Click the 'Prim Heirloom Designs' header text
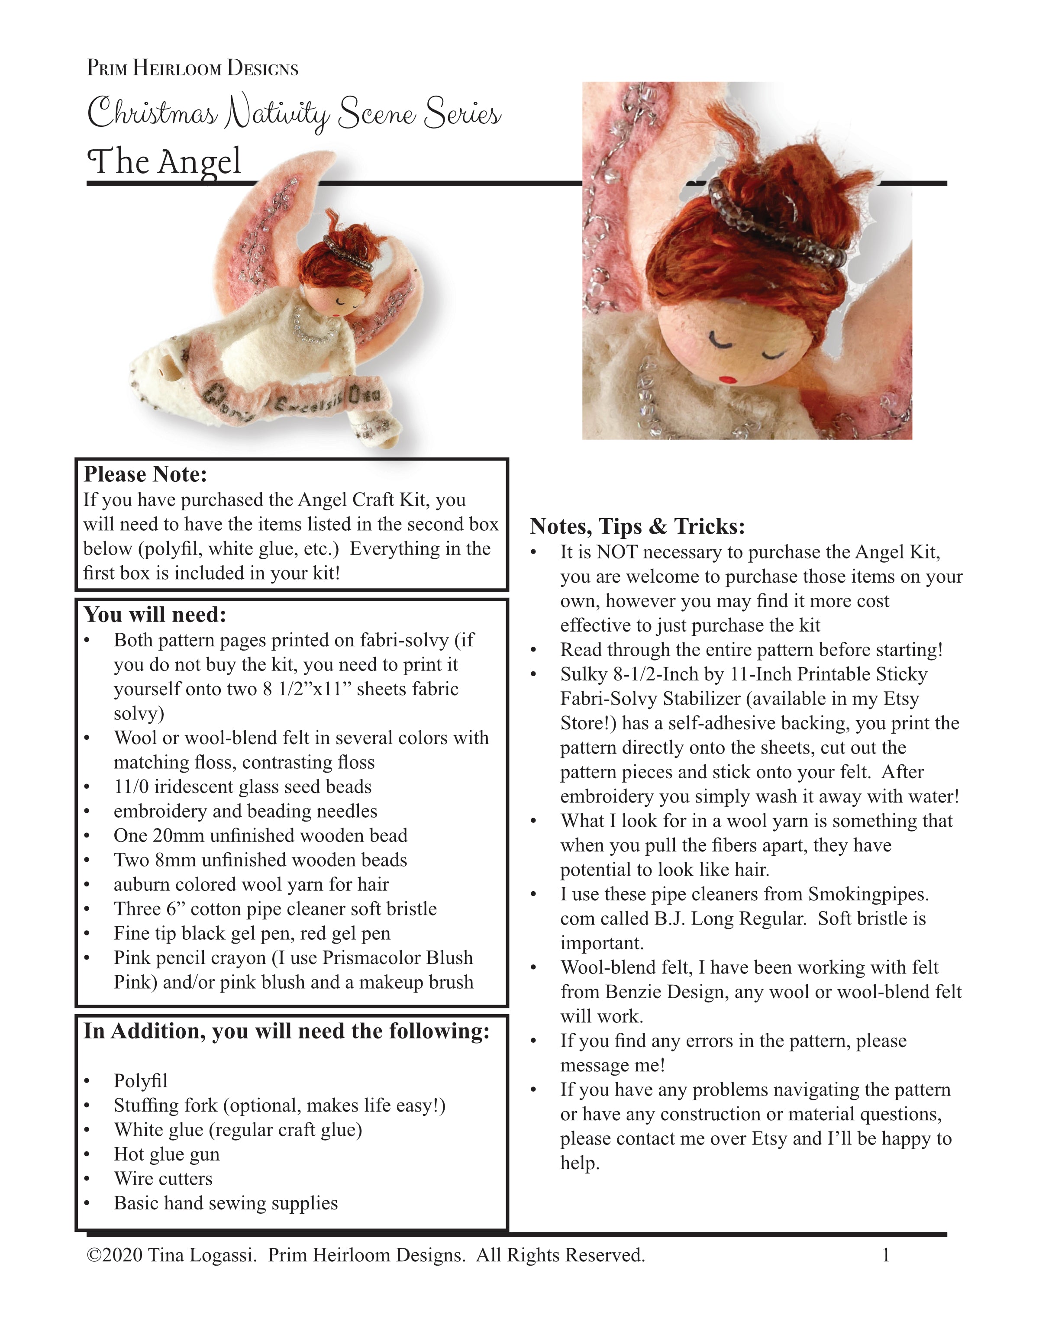click(x=192, y=68)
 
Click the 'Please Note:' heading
click(x=145, y=474)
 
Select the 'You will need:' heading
click(x=155, y=615)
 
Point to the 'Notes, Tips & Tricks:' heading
click(x=637, y=527)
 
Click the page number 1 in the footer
click(x=886, y=1255)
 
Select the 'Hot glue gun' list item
click(x=166, y=1154)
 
